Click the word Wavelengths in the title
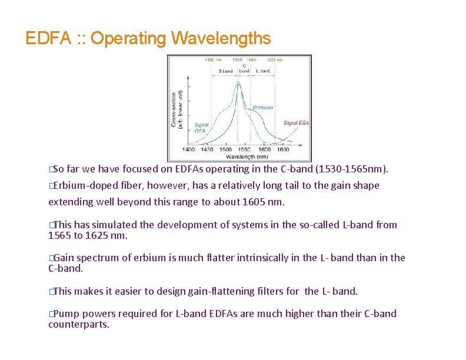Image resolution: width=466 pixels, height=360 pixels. tap(221, 39)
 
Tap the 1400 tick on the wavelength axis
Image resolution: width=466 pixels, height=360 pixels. tap(189, 150)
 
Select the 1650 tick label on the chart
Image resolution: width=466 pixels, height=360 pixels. tap(283, 150)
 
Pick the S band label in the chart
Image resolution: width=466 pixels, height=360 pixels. tap(225, 71)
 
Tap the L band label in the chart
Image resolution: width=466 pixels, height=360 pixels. tap(262, 71)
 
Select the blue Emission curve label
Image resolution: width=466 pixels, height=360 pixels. tap(263, 108)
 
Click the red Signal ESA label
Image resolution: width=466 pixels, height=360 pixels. tap(295, 123)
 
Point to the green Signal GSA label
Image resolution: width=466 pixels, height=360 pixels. tap(201, 128)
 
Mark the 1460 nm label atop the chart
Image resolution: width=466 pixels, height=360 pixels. tap(212, 59)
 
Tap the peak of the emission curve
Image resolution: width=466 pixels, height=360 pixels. tap(238, 82)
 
